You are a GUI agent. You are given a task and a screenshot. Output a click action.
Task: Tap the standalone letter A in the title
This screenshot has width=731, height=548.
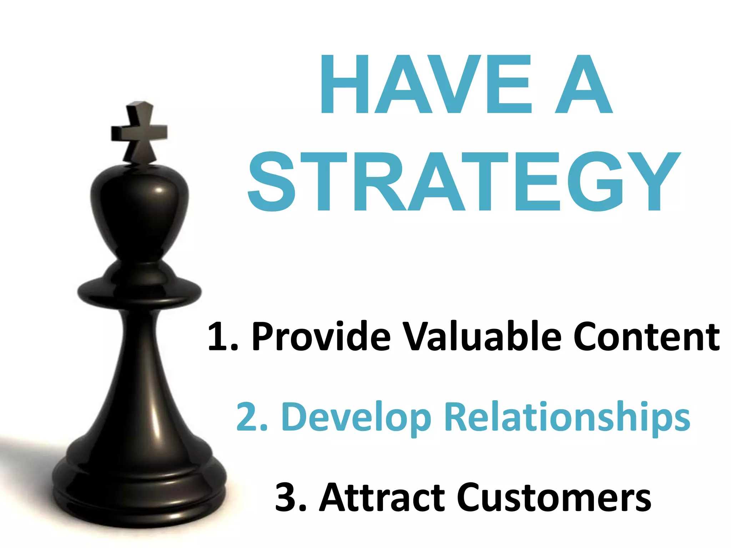584,85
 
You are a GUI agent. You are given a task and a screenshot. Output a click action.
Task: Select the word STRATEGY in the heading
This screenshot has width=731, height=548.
464,182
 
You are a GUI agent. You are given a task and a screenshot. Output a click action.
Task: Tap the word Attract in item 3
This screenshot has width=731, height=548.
382,497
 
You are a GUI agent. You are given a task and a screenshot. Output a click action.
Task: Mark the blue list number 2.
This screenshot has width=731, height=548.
247,417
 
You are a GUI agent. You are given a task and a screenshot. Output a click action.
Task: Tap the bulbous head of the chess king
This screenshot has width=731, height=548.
139,210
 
